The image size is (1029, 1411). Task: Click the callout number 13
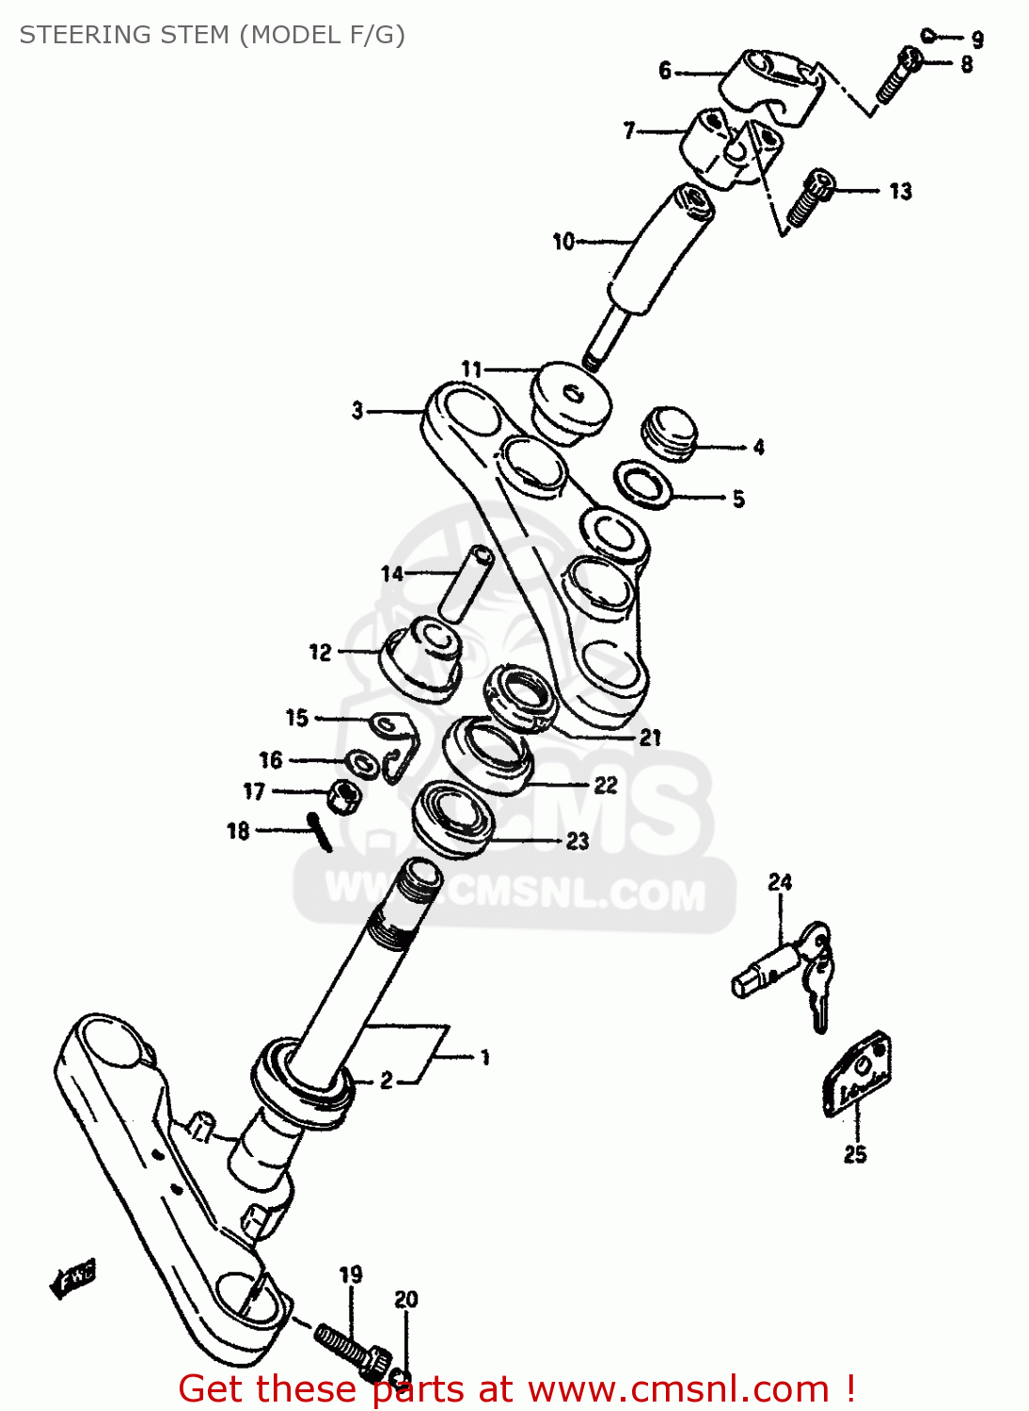point(900,191)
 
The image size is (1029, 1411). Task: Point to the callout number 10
point(562,242)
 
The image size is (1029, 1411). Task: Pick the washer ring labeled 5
point(643,484)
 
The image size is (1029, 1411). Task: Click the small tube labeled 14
point(466,583)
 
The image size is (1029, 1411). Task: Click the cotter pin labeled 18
point(320,832)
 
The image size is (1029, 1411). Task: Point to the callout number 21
point(650,737)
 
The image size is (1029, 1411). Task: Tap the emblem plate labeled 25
point(858,1074)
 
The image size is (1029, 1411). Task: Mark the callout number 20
point(405,1299)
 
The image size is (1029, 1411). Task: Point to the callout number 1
point(484,1057)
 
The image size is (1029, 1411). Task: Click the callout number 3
point(357,410)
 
